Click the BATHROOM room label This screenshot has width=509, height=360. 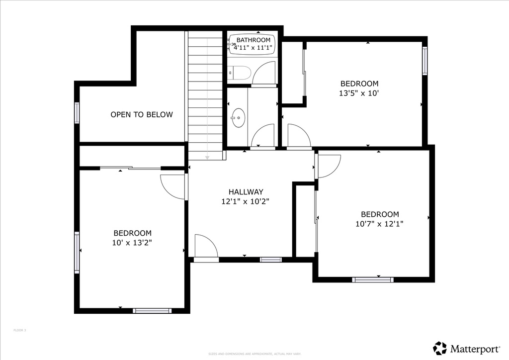(254, 40)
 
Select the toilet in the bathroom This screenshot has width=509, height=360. (238, 74)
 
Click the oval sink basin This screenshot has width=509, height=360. (238, 118)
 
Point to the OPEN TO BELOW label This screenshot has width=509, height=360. (142, 114)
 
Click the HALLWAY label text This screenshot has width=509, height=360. (246, 192)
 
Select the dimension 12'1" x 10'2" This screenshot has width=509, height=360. (246, 201)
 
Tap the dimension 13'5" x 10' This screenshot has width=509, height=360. (359, 93)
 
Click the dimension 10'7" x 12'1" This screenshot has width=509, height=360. (379, 224)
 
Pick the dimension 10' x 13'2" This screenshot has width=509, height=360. (132, 242)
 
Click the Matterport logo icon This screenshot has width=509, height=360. (440, 348)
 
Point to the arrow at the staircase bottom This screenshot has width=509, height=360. (207, 157)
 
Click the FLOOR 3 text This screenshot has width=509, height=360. (20, 330)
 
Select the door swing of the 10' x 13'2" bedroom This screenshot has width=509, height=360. (171, 187)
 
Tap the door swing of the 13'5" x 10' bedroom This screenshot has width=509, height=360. (299, 136)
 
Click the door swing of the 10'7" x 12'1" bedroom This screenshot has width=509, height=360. (329, 166)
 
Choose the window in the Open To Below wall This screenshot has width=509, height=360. (77, 113)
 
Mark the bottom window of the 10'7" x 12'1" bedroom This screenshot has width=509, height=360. (373, 280)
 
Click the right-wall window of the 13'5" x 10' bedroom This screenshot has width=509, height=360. (425, 61)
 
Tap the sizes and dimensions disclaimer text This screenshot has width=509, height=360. (254, 354)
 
